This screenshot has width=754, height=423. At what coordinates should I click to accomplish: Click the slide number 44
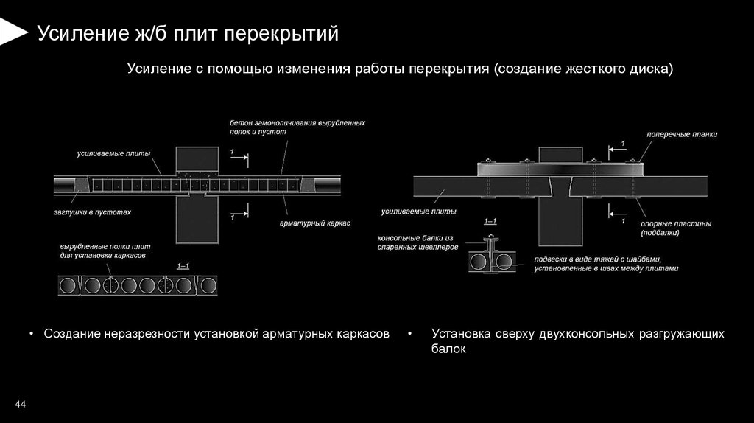20,404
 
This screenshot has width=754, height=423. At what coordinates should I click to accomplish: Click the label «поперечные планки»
682,135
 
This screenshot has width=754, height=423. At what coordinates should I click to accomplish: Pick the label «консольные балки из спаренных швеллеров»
417,243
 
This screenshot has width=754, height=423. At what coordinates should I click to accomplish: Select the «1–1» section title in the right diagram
490,222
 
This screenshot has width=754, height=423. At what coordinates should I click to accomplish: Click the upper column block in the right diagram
561,155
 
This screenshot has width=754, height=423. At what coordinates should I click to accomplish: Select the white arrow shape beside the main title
11,32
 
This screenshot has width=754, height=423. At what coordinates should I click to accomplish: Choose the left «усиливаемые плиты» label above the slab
113,154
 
